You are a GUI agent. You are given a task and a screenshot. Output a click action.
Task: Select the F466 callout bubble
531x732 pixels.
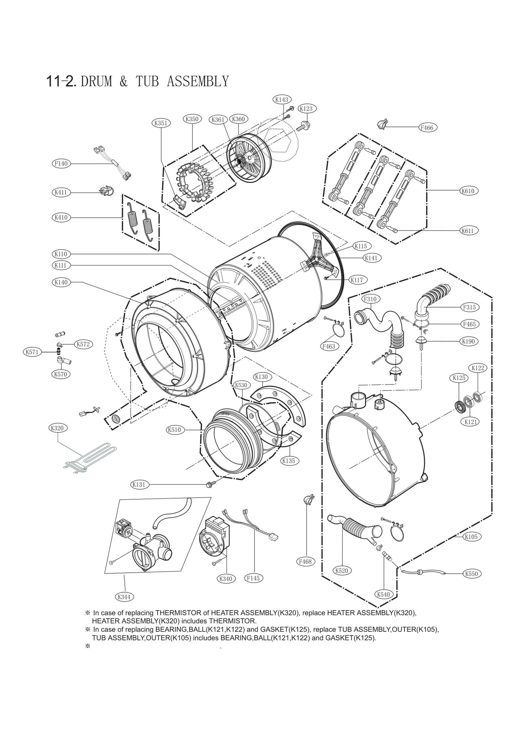click(x=427, y=127)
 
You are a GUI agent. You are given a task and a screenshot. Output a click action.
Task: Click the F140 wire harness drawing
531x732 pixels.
click(x=113, y=164)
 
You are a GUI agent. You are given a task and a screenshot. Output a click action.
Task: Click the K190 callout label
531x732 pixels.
click(x=468, y=341)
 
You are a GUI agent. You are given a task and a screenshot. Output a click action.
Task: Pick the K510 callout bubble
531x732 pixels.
click(x=174, y=430)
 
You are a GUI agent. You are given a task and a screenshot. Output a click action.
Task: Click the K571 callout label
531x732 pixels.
click(x=32, y=352)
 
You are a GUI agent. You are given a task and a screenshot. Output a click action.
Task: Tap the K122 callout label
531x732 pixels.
click(x=478, y=368)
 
